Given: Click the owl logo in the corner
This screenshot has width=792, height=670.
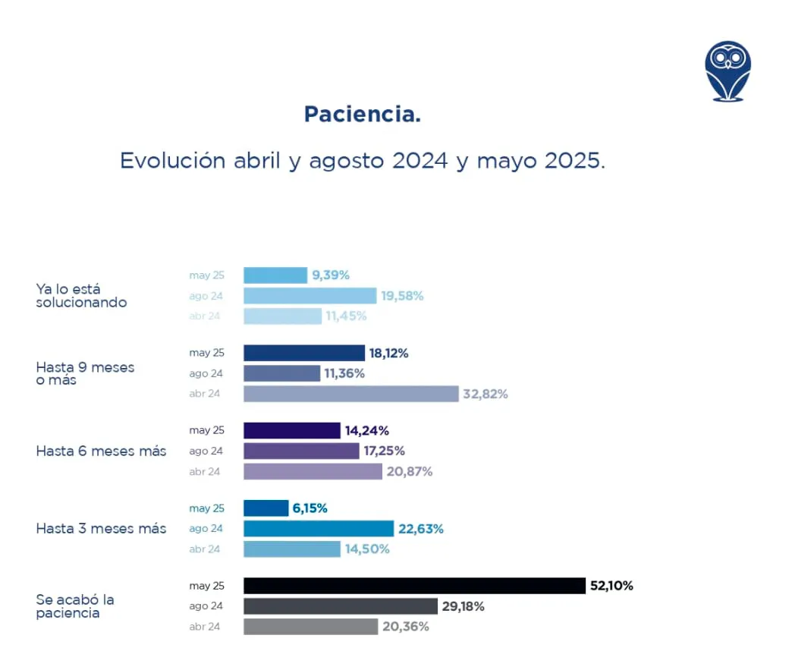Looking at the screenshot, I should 728,71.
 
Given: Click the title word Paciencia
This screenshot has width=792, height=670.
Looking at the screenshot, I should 362,115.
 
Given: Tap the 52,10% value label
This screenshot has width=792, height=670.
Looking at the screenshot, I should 611,586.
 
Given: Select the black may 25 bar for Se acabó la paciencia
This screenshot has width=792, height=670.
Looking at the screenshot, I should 414,586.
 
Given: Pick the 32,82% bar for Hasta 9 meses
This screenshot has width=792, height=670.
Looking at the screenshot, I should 350,394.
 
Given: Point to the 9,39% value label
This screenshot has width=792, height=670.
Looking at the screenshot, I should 331,275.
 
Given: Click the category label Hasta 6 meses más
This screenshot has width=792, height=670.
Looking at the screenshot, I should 101,451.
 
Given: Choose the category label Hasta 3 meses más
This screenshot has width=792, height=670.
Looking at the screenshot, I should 101,528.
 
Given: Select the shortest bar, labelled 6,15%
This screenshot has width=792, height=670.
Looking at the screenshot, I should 266,508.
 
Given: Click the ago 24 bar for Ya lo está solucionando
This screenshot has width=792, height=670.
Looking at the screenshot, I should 310,296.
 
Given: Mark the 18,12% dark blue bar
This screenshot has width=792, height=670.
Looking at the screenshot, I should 303,353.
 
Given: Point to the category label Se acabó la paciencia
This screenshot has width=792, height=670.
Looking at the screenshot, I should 74,606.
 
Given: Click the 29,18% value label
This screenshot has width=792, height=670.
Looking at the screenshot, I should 464,606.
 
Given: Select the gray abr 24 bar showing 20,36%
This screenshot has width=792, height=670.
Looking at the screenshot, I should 310,627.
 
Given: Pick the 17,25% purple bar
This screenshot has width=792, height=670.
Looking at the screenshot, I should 301,451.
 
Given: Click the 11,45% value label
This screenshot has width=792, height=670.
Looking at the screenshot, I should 347,316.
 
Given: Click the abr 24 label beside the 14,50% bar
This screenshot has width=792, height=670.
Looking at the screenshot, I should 204,549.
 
